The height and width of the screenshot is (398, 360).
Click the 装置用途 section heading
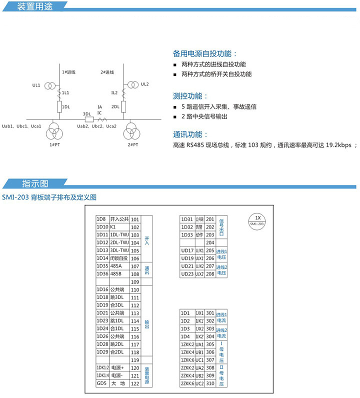click(34, 7)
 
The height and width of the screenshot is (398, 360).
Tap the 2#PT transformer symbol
click(132, 132)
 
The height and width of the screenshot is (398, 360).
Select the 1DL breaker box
click(59, 107)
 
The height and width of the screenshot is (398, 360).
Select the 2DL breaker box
click(123, 106)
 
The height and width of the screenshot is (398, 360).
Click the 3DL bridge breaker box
click(89, 119)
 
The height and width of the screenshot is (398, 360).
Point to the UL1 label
click(36, 85)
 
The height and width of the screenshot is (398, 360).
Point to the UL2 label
click(145, 84)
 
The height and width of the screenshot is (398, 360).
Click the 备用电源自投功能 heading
click(205, 53)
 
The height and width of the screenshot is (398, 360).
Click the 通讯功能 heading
click(190, 134)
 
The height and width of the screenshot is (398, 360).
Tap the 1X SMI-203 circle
click(257, 220)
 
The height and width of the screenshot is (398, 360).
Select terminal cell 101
click(134, 219)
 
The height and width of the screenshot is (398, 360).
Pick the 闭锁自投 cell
click(119, 258)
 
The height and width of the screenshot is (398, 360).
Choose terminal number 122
click(134, 383)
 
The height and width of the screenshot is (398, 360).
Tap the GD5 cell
click(102, 383)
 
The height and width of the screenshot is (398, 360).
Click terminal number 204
click(210, 242)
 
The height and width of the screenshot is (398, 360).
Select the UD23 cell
click(187, 274)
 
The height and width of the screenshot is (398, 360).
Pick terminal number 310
click(210, 383)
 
